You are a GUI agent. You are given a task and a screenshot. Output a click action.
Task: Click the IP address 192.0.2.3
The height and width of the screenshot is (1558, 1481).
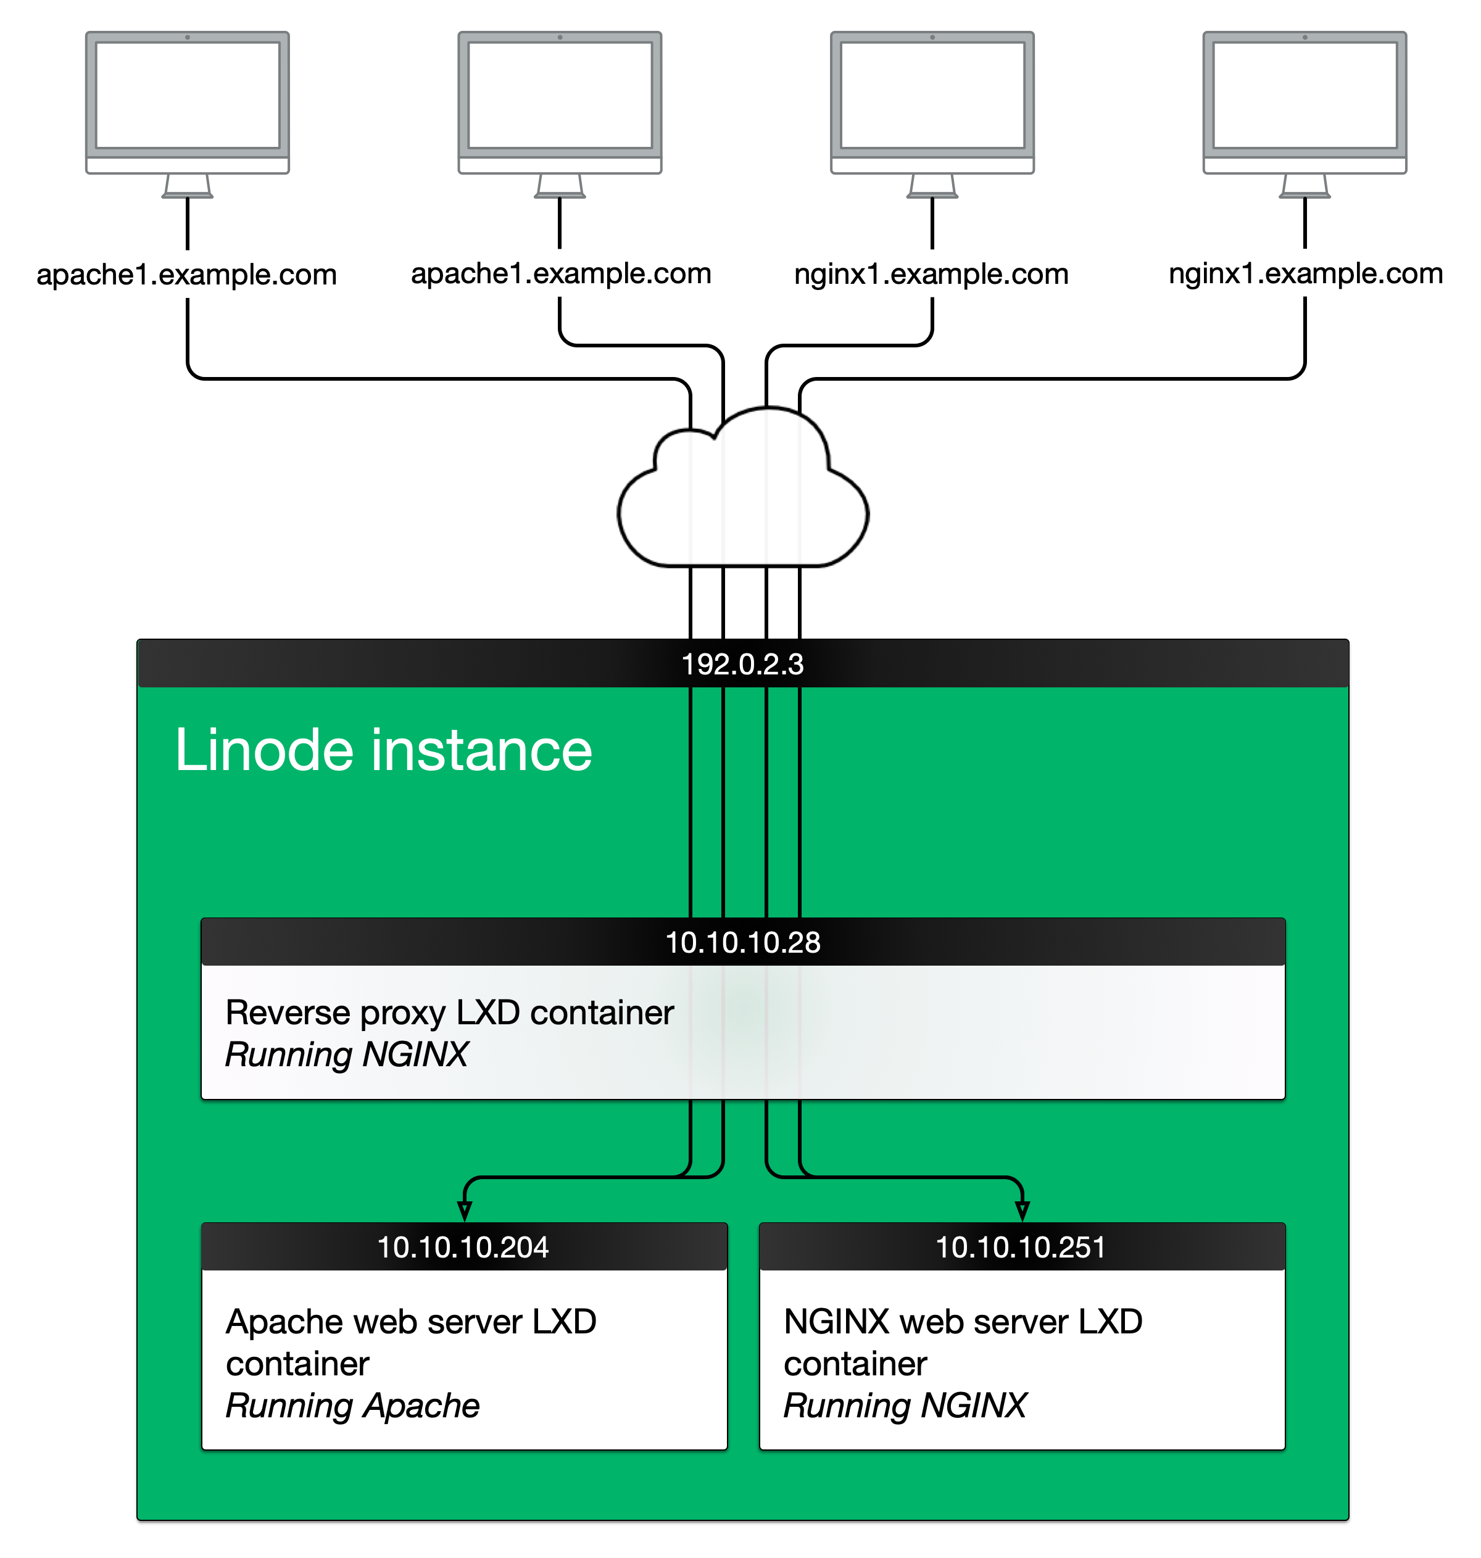pyautogui.click(x=742, y=665)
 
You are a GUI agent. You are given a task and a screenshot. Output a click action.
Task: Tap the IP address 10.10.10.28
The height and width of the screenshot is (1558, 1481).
pyautogui.click(x=743, y=942)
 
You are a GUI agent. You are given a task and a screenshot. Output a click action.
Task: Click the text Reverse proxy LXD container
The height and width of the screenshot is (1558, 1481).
pyautogui.click(x=449, y=1013)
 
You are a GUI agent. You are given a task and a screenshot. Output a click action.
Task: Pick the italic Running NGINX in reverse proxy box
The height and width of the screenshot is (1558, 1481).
pyautogui.click(x=347, y=1055)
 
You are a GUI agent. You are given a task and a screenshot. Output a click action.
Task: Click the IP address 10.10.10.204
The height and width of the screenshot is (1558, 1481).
pyautogui.click(x=463, y=1247)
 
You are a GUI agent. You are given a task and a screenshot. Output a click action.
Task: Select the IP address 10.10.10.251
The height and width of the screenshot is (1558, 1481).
pyautogui.click(x=1020, y=1247)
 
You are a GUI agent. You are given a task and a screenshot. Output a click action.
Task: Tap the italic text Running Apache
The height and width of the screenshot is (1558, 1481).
pyautogui.click(x=352, y=1406)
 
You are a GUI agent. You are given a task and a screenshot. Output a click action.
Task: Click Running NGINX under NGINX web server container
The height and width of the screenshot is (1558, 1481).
pyautogui.click(x=905, y=1406)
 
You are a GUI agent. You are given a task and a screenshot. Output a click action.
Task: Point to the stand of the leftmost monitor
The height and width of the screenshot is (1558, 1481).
pyautogui.click(x=187, y=186)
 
